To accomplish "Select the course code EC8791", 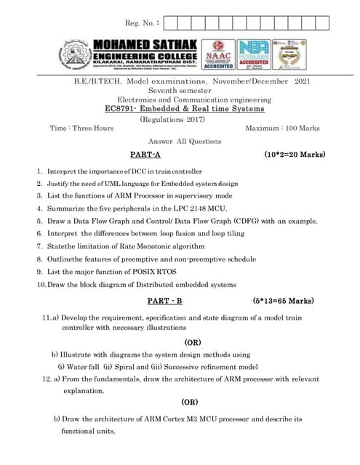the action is coord(121,108).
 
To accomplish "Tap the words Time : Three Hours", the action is coord(81,128).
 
